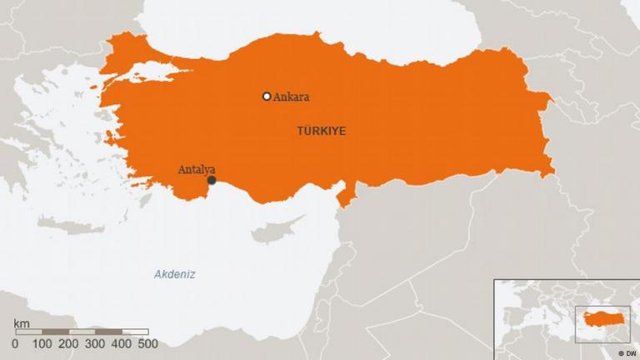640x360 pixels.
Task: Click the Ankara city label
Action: (x=291, y=97)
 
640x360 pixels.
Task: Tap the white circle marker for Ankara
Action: (x=267, y=97)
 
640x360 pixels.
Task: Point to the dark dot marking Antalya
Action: (x=212, y=180)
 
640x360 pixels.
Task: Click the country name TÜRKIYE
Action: (x=321, y=131)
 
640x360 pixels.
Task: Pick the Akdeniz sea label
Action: (x=174, y=274)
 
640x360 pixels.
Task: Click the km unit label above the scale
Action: (x=22, y=322)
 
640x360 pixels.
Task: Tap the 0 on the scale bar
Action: (x=15, y=343)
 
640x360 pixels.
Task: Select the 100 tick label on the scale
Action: (x=42, y=343)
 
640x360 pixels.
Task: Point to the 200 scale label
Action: (x=68, y=343)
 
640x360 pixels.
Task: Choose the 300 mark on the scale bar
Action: (x=95, y=343)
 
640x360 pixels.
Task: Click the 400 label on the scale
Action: (x=122, y=343)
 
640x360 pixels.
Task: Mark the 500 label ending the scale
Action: (x=147, y=343)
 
